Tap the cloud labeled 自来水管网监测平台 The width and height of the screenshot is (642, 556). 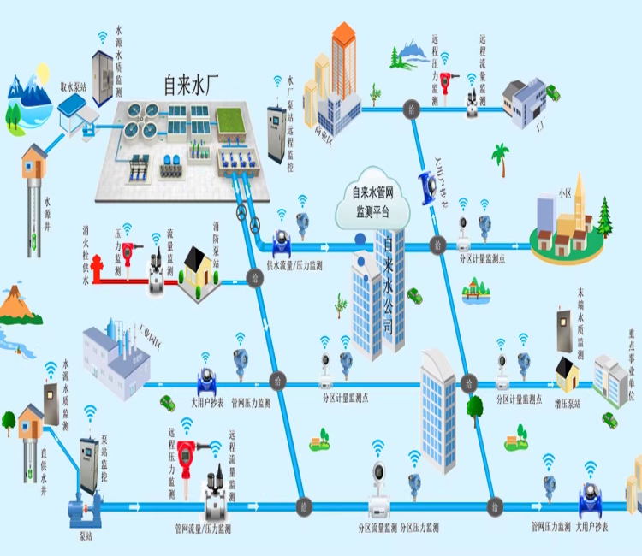372,203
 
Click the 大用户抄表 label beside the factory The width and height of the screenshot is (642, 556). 206,402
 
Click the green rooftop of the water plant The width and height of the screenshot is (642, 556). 229,121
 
